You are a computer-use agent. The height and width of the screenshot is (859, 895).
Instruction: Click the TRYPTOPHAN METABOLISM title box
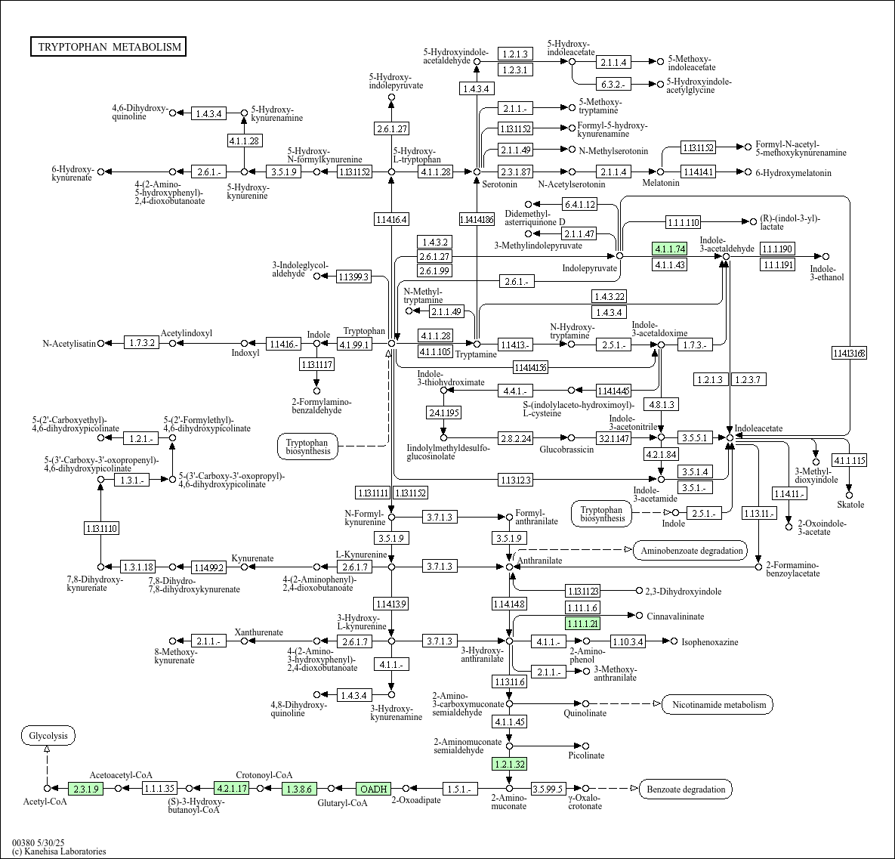[x=110, y=47]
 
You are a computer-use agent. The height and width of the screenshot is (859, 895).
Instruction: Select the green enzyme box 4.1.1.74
[x=669, y=249]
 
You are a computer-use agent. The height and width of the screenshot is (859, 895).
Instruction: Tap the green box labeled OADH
[x=373, y=789]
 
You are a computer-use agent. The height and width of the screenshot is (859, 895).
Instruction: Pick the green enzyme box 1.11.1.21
[x=582, y=623]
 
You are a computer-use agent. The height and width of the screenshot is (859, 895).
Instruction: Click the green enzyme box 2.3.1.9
[x=85, y=788]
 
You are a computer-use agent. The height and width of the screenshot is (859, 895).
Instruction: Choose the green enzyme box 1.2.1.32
[x=509, y=764]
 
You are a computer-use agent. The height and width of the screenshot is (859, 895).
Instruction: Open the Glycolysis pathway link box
[x=48, y=735]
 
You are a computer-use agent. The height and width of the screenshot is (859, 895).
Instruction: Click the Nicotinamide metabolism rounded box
[x=718, y=705]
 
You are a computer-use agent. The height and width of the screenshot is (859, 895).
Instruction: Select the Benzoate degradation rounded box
[x=686, y=789]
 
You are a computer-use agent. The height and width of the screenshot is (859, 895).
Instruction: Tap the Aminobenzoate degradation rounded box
[x=691, y=550]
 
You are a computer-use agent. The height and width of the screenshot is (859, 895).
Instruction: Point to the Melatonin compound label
[x=661, y=184]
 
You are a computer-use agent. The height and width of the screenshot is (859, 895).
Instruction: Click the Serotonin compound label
[x=500, y=184]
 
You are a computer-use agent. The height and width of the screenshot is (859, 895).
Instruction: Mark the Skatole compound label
[x=850, y=505]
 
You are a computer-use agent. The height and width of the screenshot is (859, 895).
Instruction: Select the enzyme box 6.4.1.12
[x=579, y=204]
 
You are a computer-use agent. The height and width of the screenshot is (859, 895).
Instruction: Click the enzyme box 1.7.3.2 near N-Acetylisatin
[x=140, y=343]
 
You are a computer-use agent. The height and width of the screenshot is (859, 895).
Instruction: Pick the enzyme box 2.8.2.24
[x=514, y=437]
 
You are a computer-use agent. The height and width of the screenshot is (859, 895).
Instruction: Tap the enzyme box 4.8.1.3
[x=661, y=404]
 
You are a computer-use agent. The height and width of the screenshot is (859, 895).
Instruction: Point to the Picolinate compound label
[x=586, y=755]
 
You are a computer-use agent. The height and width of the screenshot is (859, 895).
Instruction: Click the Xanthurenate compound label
[x=258, y=632]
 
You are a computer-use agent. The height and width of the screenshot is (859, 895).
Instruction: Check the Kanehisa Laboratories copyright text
[x=59, y=851]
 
